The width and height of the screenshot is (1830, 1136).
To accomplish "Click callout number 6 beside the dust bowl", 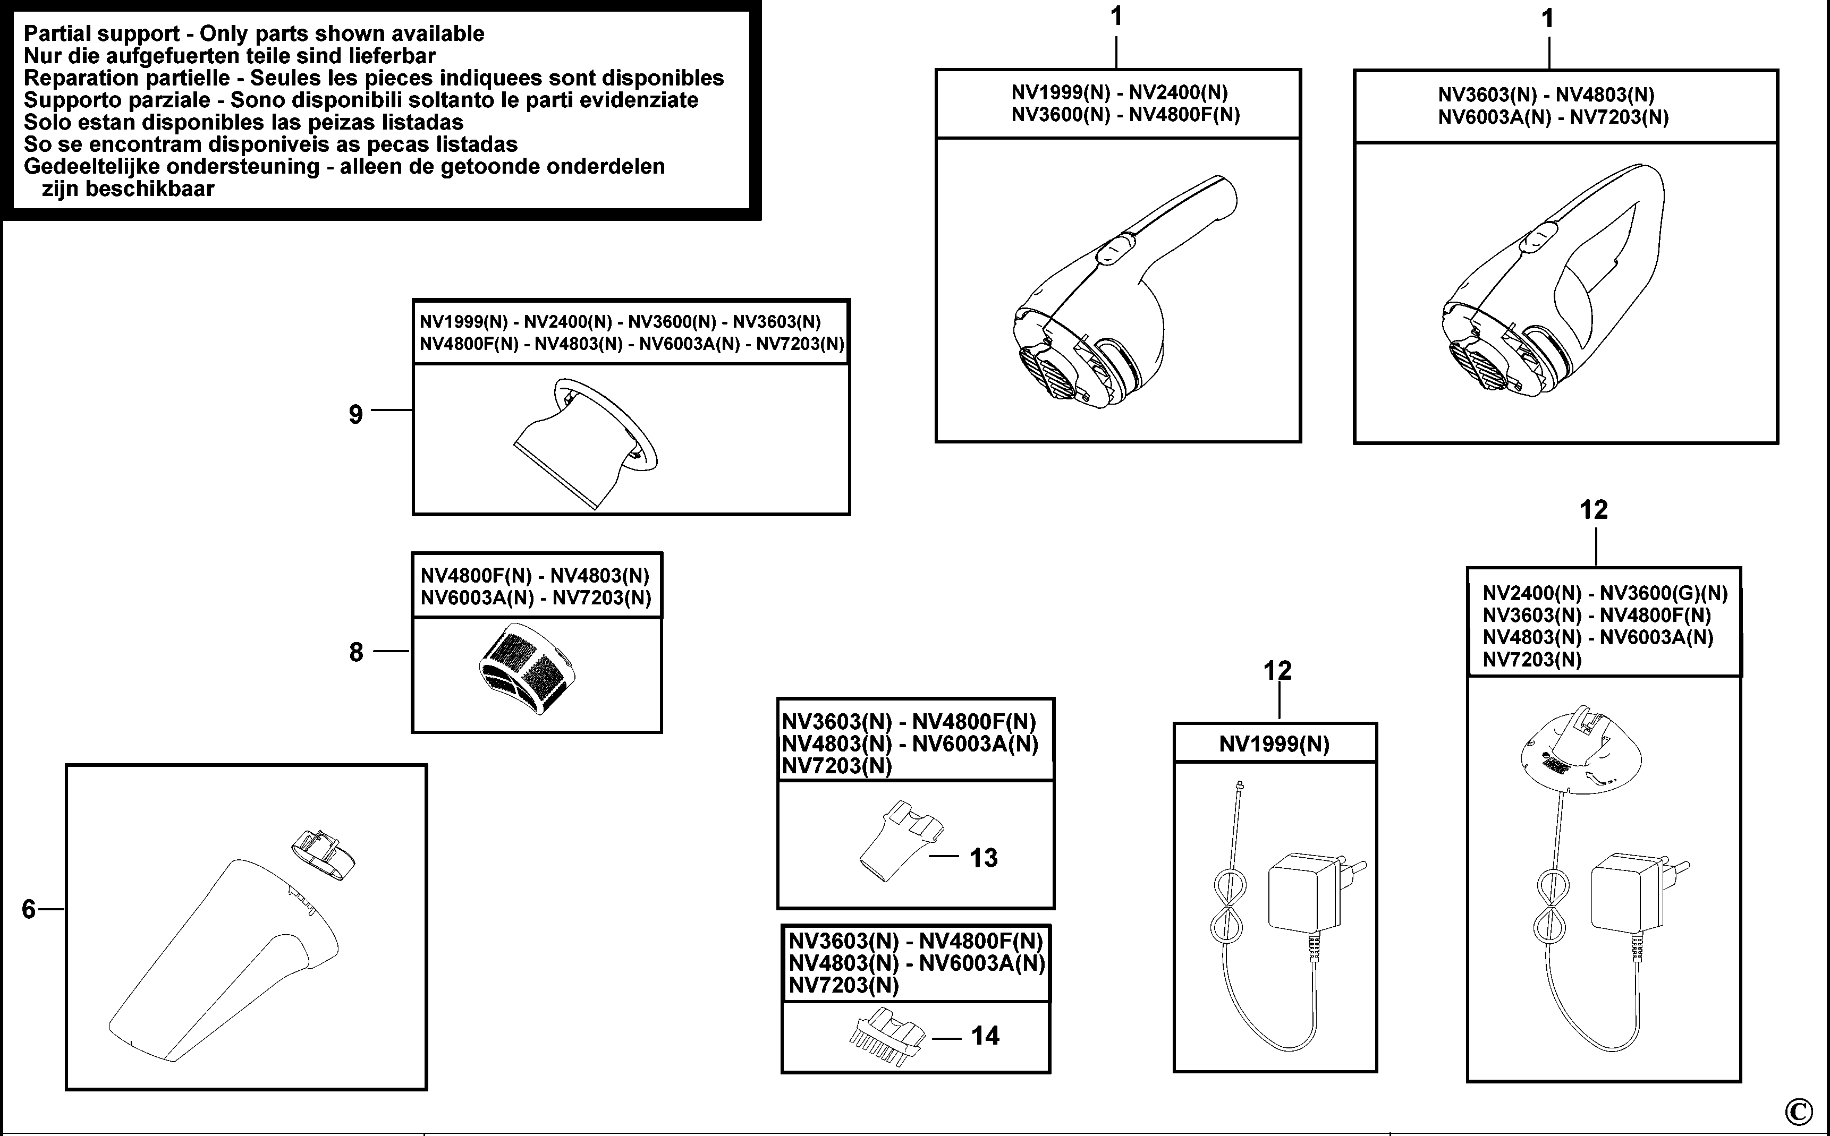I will pyautogui.click(x=29, y=910).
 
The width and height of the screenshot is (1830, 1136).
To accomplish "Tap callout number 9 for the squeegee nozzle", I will pyautogui.click(x=355, y=414).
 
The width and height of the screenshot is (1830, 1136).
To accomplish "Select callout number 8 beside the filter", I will pyautogui.click(x=356, y=652).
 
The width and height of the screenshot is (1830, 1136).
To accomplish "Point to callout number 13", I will pyautogui.click(x=984, y=858).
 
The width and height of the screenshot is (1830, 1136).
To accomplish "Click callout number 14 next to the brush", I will pyautogui.click(x=985, y=1036).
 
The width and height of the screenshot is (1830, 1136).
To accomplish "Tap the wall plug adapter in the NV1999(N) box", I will pyautogui.click(x=1308, y=894).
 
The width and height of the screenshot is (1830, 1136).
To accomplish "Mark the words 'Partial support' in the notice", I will pyautogui.click(x=101, y=34).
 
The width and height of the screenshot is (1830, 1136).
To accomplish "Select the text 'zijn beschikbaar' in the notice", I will pyautogui.click(x=128, y=189).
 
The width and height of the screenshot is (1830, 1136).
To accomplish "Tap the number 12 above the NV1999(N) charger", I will pyautogui.click(x=1277, y=670).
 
